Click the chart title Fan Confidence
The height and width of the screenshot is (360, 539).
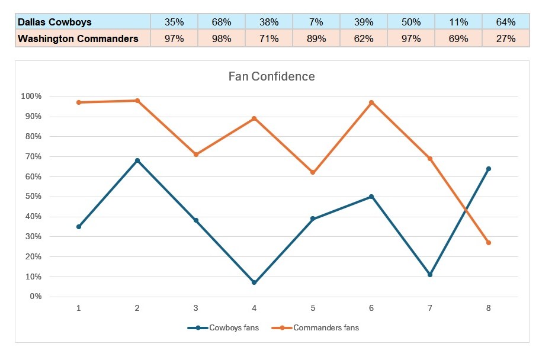271,76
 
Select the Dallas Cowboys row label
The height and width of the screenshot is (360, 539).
55,22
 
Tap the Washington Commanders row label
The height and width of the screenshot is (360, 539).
78,39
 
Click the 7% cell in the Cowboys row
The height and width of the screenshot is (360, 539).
316,22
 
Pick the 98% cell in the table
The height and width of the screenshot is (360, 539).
221,39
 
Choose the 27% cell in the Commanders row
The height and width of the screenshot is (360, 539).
506,39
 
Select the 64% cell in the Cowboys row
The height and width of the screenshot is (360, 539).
506,22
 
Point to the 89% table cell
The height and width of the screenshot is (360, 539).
316,39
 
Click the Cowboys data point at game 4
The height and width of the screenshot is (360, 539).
254,282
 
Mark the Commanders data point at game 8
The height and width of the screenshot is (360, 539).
489,243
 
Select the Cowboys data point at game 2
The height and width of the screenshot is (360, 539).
137,160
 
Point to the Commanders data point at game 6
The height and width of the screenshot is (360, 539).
371,102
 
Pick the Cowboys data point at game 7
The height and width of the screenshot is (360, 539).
430,275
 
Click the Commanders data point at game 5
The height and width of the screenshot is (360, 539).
313,172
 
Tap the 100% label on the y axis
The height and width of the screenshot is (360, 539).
31,97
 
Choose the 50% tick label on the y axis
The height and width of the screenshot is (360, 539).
33,197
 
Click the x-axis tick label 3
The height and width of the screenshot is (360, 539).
196,308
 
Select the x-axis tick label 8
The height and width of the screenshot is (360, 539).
489,308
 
